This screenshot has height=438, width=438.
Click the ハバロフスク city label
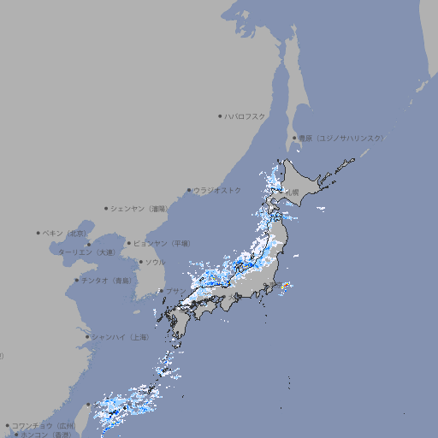pos(246,115)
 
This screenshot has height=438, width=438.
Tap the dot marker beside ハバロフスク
pos(220,115)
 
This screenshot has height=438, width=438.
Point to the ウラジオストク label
pos(217,190)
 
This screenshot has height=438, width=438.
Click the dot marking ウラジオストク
pos(189,191)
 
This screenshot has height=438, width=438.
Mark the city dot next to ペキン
pos(38,233)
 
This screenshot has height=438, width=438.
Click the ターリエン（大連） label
pos(86,252)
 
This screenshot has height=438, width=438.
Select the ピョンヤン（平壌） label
pos(162,243)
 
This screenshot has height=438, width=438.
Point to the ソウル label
pos(155,262)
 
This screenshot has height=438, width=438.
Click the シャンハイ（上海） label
pos(120,337)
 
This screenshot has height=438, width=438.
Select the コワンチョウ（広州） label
pos(43,425)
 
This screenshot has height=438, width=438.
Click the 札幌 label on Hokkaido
pos(293,192)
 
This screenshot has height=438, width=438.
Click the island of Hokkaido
pos(308,184)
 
